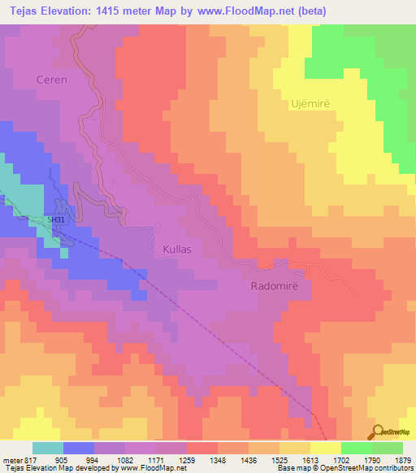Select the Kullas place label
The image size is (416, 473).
[x=177, y=249]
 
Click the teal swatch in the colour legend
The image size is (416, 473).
[x=48, y=448]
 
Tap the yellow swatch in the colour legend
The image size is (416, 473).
[x=326, y=448]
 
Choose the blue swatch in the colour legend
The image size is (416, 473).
[x=79, y=448]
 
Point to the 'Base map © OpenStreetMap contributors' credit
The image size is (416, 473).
[x=343, y=469]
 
